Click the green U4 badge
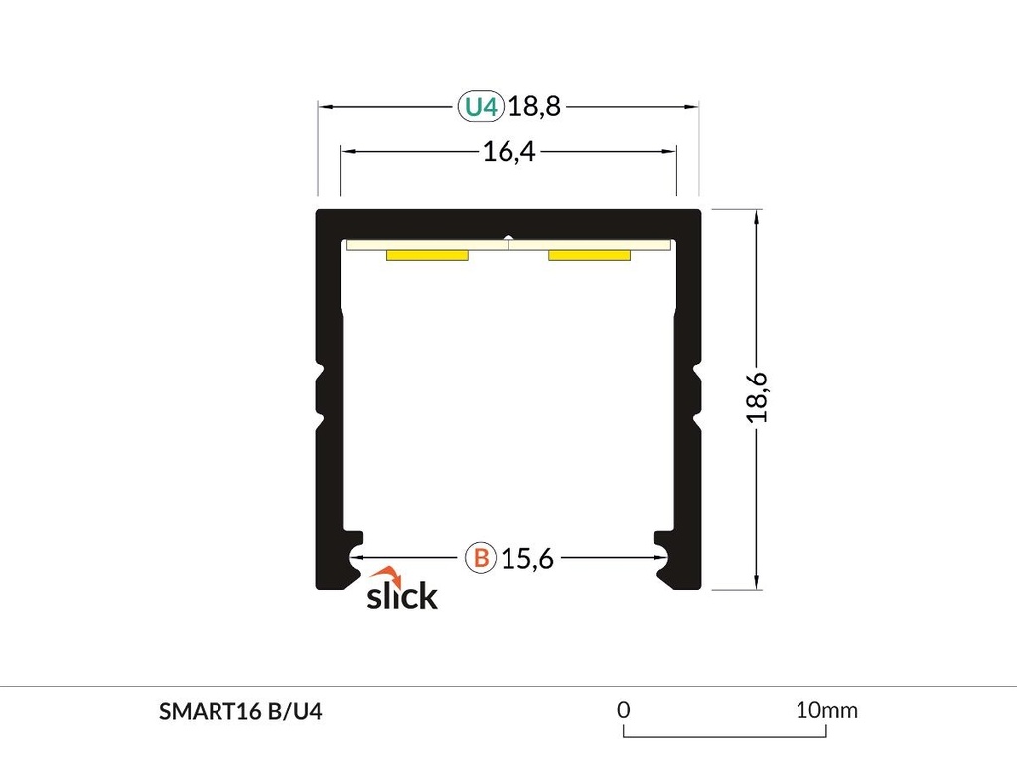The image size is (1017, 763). [482, 106]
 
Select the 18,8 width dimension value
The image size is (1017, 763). [534, 106]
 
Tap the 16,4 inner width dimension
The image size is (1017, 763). [508, 152]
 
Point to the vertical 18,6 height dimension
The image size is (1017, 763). [758, 397]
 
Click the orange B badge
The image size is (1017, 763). [481, 558]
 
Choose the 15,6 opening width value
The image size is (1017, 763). [526, 558]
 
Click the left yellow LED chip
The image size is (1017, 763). [427, 256]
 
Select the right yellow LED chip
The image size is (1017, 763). [589, 256]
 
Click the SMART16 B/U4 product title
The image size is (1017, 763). [240, 711]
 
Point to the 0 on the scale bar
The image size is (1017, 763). [624, 710]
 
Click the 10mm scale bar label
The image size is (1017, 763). [825, 710]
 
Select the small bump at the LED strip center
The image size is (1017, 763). [508, 238]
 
